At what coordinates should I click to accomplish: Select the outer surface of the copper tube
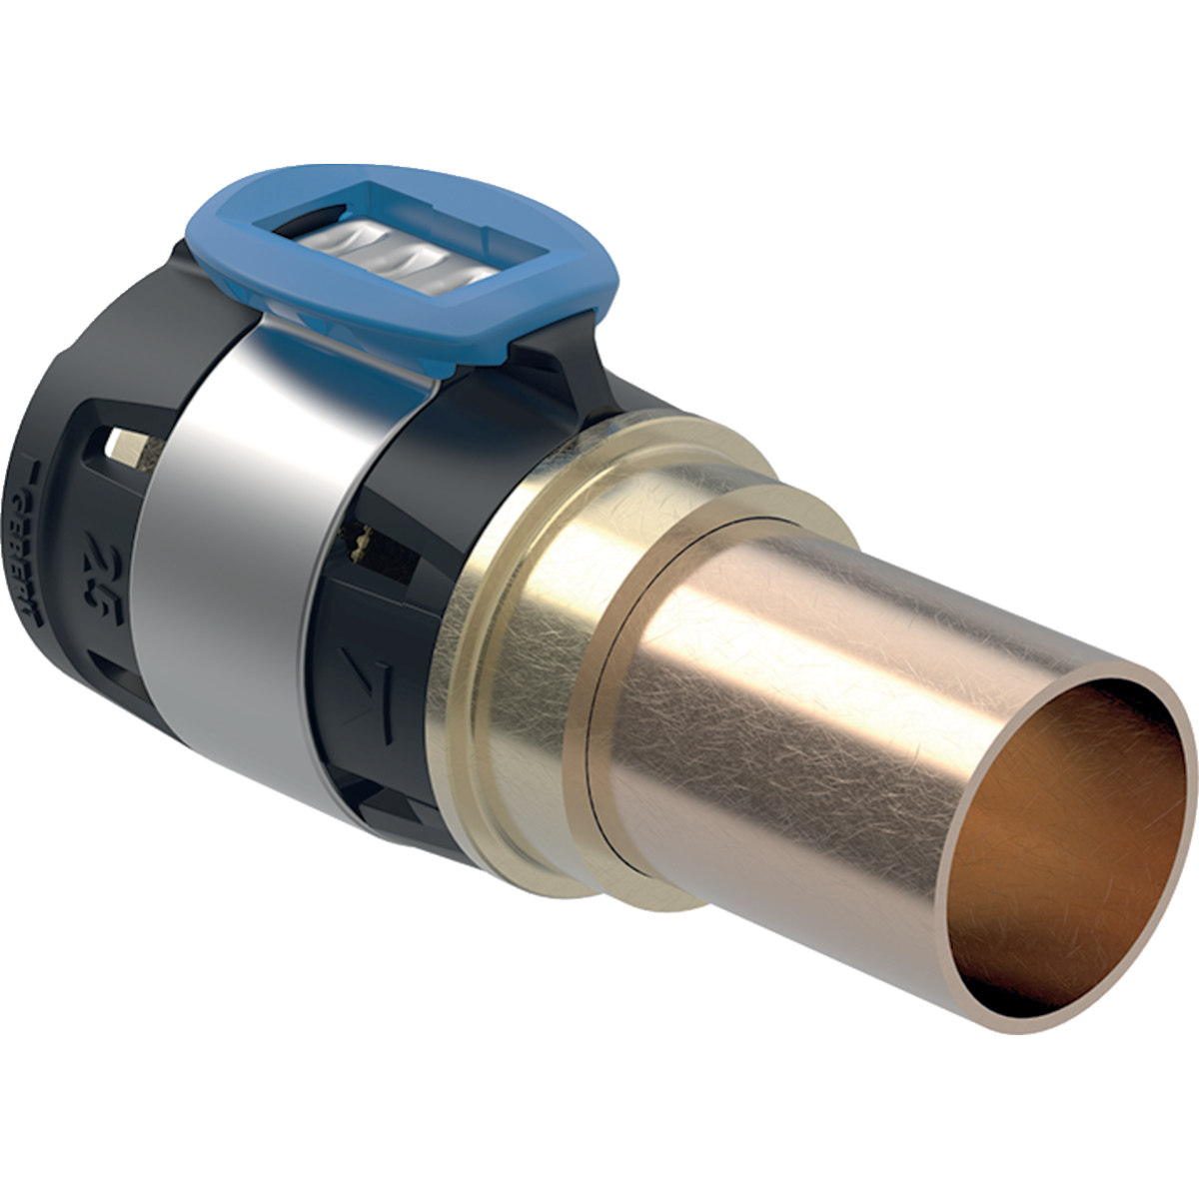(799, 699)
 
